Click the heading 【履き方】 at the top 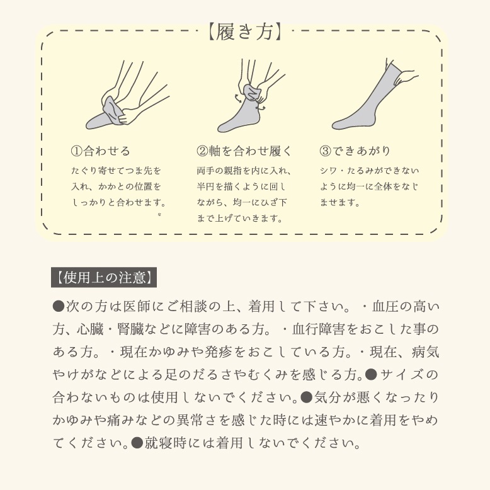pos(244,31)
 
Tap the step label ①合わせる pos(101,151)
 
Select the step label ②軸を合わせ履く pos(244,151)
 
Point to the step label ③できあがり pos(355,151)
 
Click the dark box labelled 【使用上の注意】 pos(103,276)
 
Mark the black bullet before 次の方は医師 pos(59,307)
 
